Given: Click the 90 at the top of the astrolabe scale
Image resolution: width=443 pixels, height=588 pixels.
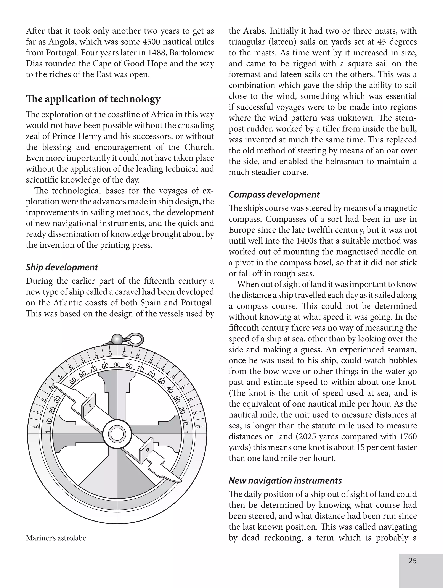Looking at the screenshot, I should coord(117,365).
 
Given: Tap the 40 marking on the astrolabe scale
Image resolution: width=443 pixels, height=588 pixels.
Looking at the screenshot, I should coord(170,390).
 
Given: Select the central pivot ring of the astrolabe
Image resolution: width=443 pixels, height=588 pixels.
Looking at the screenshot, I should coord(117,434).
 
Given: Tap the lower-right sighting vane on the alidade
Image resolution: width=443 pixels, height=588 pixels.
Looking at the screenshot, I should coord(146,450).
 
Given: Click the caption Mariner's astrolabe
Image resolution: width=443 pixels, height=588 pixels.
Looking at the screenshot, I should coord(56,538).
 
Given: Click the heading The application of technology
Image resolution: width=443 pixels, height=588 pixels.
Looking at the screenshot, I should coord(93,99).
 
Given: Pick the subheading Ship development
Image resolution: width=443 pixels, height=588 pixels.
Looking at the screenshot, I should coord(62,267).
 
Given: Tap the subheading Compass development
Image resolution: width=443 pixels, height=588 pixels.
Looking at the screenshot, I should coord(274,195).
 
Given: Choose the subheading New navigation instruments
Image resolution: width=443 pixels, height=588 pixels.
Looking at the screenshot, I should coord(285,481).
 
